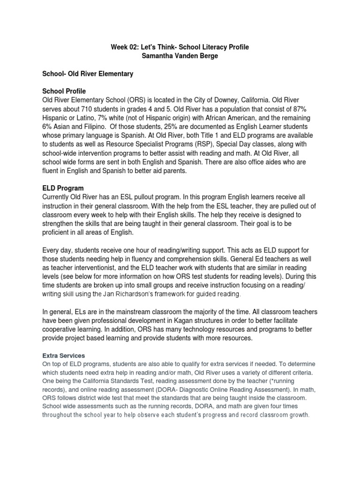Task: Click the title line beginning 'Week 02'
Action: click(180, 47)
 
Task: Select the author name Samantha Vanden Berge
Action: click(180, 56)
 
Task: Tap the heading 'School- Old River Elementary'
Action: click(88, 74)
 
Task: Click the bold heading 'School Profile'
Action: click(65, 91)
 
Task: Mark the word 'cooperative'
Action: click(63, 330)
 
